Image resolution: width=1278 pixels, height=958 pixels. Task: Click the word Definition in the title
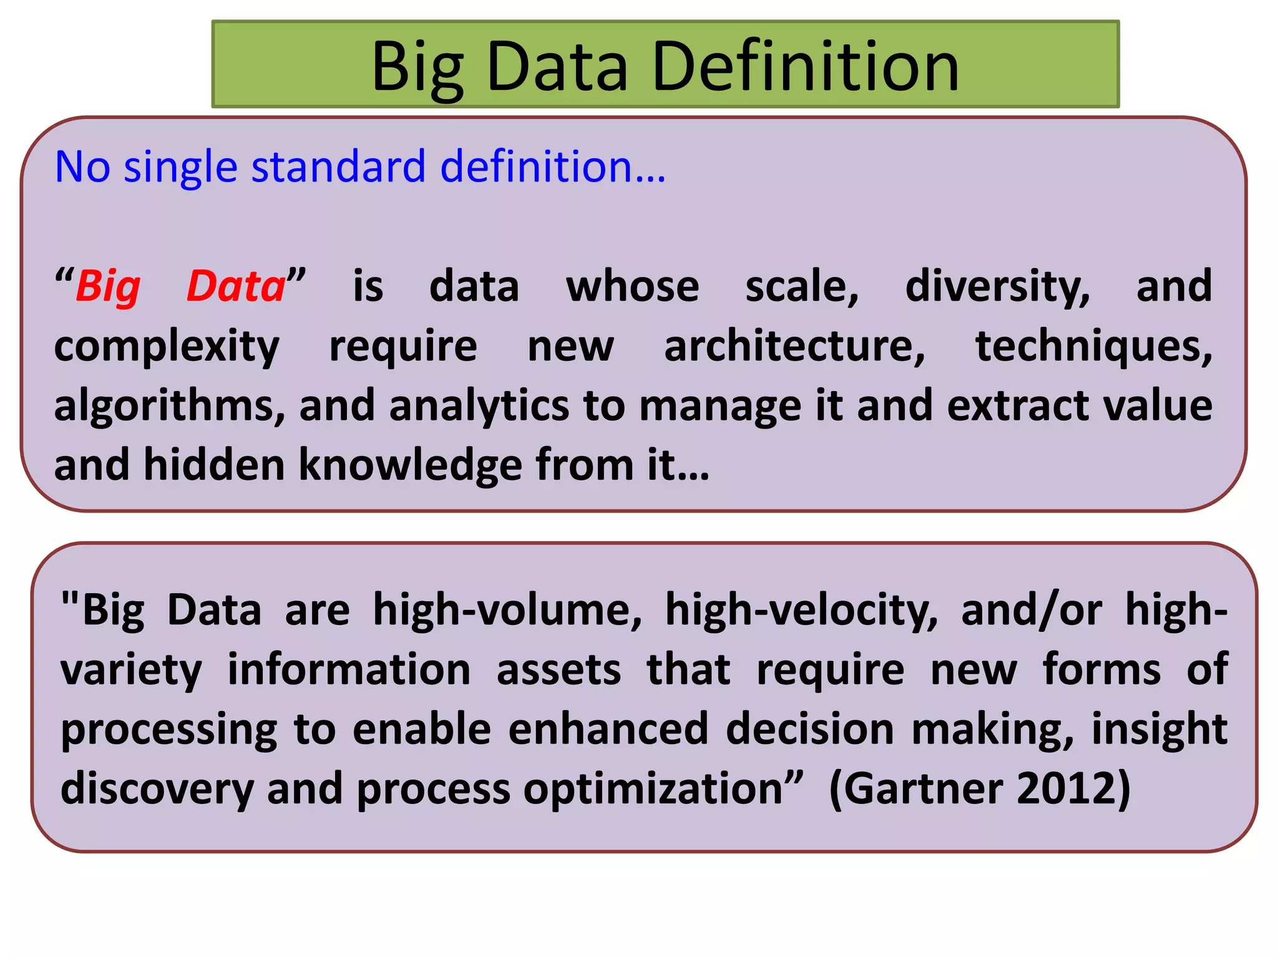click(x=805, y=66)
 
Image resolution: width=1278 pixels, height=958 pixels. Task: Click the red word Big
click(x=108, y=287)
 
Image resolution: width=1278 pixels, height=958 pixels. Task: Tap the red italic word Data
click(x=236, y=287)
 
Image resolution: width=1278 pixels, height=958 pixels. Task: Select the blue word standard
click(x=338, y=167)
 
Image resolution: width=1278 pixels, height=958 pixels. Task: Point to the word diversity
click(x=997, y=287)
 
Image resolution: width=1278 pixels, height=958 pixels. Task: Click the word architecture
click(x=794, y=346)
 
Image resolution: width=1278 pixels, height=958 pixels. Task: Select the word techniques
click(x=1093, y=347)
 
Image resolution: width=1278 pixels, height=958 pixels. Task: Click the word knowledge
click(x=410, y=465)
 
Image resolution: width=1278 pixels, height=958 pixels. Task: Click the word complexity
click(x=167, y=347)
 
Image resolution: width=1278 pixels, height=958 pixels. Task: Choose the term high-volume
click(x=507, y=610)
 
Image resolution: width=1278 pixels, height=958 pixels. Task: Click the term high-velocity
click(x=801, y=610)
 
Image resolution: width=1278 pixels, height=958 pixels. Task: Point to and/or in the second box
click(x=1031, y=610)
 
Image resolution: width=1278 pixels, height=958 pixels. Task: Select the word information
click(x=349, y=670)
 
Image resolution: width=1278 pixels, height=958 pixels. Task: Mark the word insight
click(x=1159, y=730)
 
